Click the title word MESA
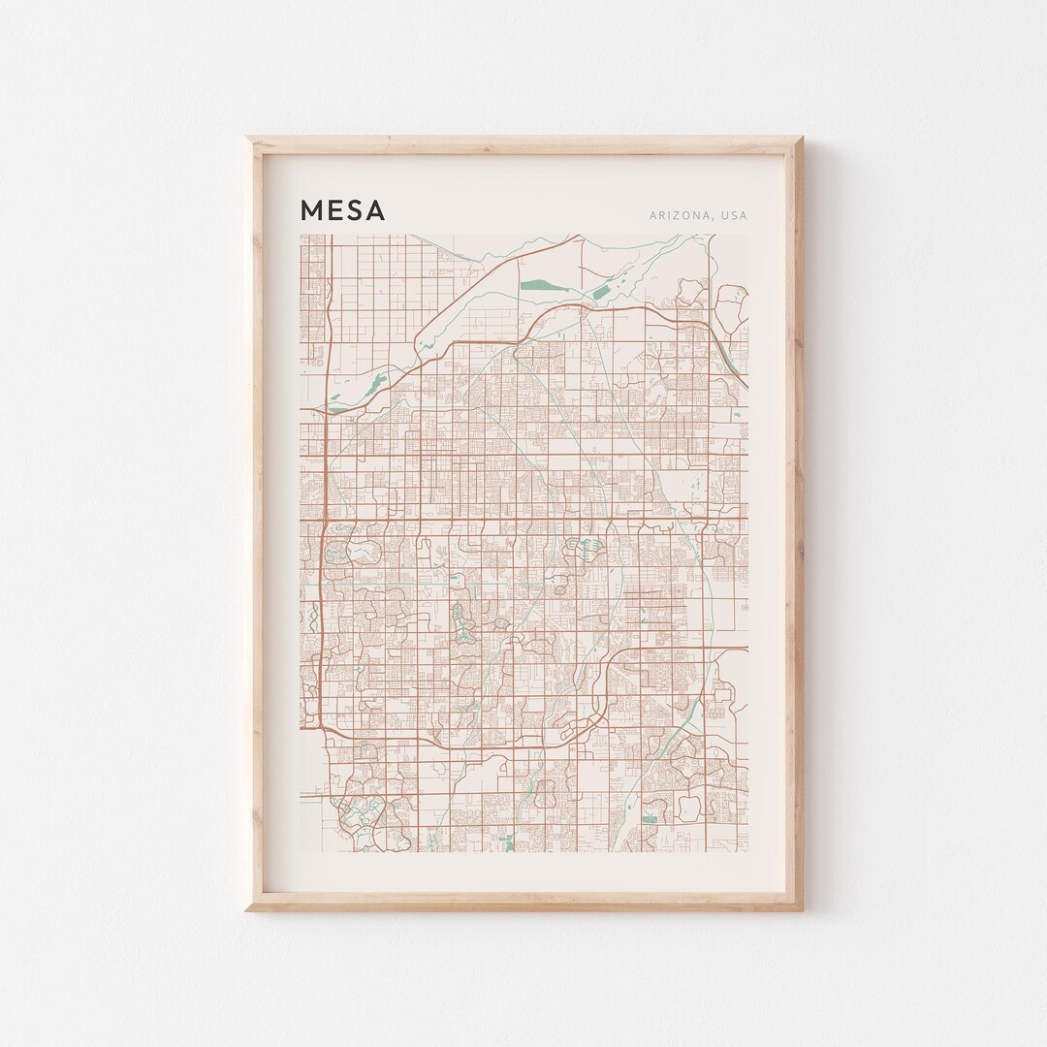point(343,210)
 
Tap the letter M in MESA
point(312,210)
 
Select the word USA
point(734,215)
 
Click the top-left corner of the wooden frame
point(246,139)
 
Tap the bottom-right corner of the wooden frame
point(802,909)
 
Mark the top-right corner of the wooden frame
point(802,139)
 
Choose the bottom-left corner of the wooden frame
point(246,909)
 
